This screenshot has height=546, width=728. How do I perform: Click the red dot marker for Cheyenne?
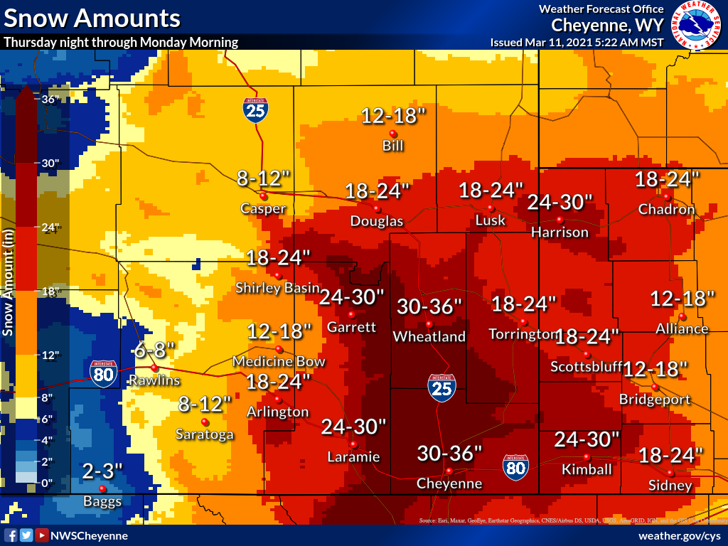pos(449,471)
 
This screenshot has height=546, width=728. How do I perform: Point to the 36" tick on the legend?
pos(49,99)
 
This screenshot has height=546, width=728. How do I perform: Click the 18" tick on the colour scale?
pos(49,291)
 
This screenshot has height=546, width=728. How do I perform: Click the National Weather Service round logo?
pos(696,25)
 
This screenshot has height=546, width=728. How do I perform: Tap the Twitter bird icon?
pos(26,535)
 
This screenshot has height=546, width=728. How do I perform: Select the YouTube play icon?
pos(42,535)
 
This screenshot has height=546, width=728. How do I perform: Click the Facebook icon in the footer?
pos(11,535)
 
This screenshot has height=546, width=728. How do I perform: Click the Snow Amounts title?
pos(92,17)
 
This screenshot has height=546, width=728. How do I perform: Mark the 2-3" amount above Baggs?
pos(102,471)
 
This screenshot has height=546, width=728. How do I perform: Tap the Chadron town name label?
pos(666,210)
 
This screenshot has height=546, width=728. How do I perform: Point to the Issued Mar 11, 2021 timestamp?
pos(577,42)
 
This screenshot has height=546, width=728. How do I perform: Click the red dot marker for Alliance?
pos(682,316)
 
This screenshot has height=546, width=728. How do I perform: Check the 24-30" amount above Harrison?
pos(560,202)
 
